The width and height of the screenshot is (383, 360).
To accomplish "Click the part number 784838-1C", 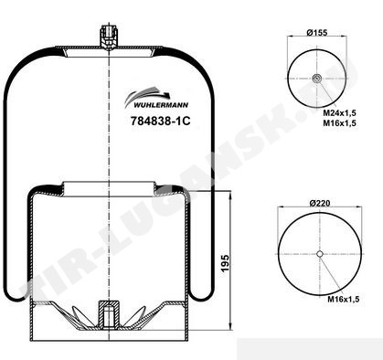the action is [x=161, y=122].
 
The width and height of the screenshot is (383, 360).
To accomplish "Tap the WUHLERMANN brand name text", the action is [x=161, y=105].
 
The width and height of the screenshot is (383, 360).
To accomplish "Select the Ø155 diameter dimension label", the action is [x=317, y=32].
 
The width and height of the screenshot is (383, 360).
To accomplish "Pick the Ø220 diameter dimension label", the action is [x=320, y=203].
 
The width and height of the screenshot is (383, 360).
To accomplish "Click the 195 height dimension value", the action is [x=225, y=263].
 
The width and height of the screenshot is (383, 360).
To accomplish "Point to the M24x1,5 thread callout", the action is [x=340, y=113].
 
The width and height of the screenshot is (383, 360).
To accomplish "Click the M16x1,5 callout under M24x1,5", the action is [x=340, y=122].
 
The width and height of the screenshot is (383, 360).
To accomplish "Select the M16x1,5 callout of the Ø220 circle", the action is [x=344, y=299].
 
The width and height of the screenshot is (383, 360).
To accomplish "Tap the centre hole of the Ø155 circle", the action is [x=316, y=79].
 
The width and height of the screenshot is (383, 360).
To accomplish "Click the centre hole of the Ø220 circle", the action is [x=320, y=254].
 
